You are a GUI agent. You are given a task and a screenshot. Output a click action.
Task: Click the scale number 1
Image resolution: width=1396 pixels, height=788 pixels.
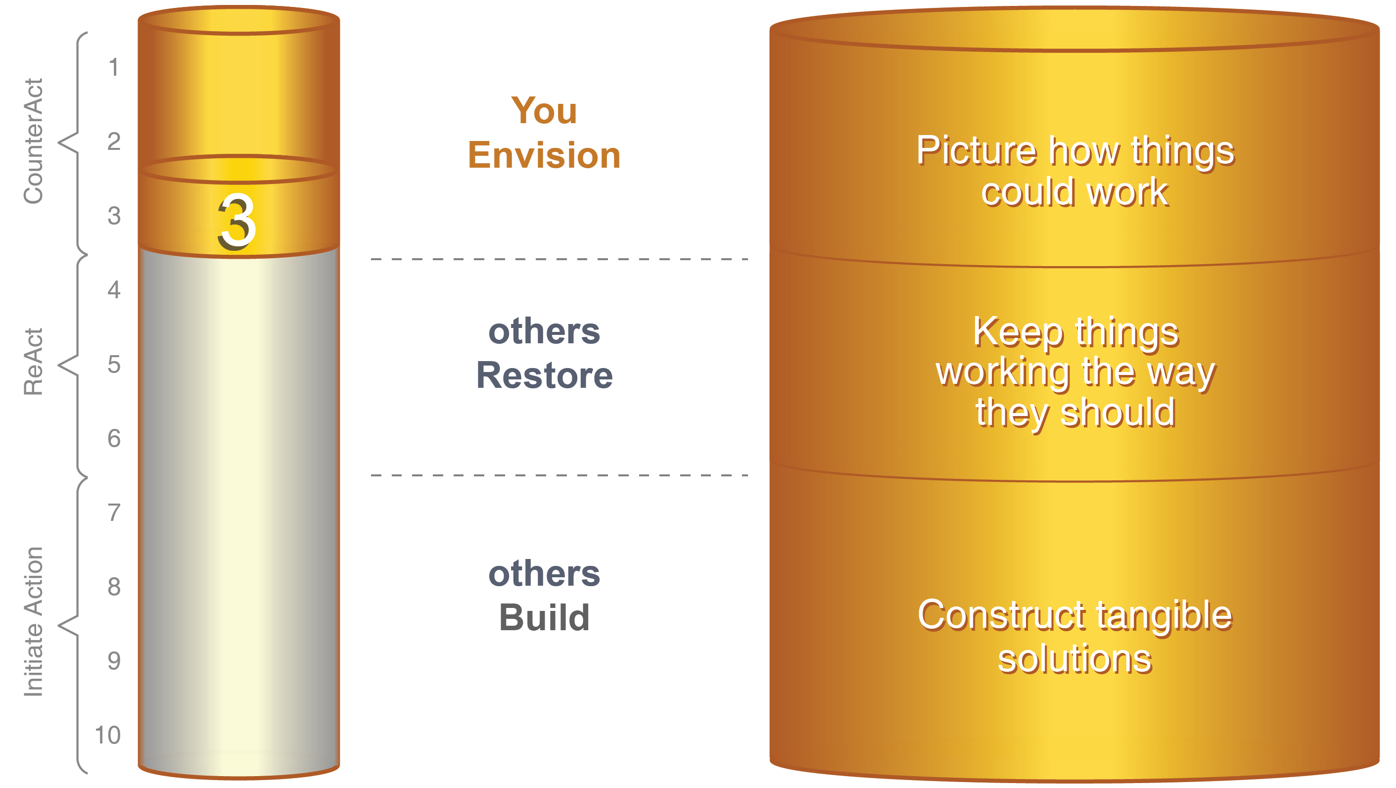pyautogui.click(x=113, y=68)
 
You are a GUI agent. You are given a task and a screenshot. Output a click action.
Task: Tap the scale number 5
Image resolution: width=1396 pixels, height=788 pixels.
pyautogui.click(x=114, y=364)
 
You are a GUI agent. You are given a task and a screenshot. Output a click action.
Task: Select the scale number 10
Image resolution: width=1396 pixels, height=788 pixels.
pyautogui.click(x=107, y=736)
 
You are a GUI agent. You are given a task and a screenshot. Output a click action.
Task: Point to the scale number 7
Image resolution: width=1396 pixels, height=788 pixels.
pyautogui.click(x=114, y=512)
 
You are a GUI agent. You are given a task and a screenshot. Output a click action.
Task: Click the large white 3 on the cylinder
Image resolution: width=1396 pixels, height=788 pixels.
pyautogui.click(x=237, y=222)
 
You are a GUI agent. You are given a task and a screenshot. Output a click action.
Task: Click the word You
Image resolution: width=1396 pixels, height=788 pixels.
pyautogui.click(x=544, y=111)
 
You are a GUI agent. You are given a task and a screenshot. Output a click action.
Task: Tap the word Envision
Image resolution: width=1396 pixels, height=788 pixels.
pyautogui.click(x=544, y=155)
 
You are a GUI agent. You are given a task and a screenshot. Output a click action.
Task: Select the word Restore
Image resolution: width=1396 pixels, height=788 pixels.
pyautogui.click(x=544, y=375)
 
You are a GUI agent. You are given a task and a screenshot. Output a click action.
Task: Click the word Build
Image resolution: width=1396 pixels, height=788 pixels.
pyautogui.click(x=544, y=618)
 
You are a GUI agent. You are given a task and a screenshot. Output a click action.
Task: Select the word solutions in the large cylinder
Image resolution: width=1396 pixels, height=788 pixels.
pyautogui.click(x=1074, y=659)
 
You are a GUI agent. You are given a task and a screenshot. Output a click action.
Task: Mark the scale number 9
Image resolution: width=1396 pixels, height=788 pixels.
pyautogui.click(x=114, y=661)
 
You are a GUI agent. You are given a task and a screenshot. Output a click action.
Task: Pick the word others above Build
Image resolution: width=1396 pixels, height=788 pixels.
pyautogui.click(x=544, y=573)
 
